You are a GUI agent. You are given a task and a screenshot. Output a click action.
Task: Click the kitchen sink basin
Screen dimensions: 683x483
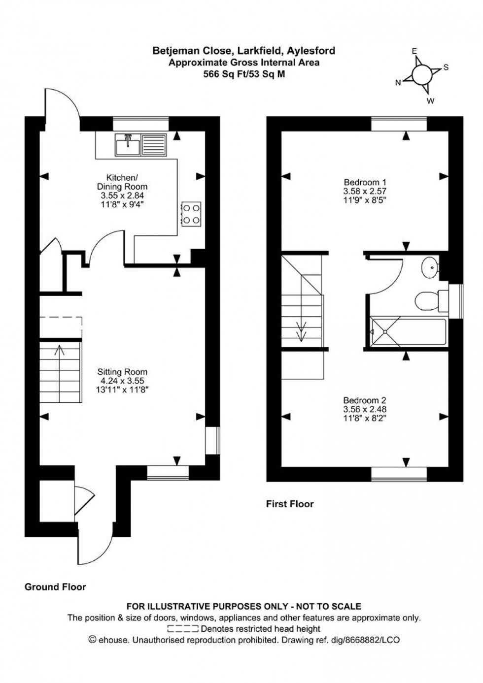tap(128, 144)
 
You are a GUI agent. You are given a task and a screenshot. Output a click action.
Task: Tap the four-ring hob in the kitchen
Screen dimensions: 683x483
tap(191, 214)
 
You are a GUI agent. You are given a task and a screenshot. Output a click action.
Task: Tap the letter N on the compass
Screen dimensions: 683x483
tap(398, 83)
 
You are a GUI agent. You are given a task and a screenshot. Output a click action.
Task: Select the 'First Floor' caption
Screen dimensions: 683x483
tap(290, 504)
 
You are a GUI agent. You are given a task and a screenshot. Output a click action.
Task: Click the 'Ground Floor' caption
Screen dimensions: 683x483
tap(55, 587)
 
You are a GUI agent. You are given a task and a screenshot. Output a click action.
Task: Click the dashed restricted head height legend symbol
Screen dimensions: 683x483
tap(183, 629)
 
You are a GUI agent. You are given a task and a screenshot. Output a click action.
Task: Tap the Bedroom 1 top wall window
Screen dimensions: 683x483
tap(399, 124)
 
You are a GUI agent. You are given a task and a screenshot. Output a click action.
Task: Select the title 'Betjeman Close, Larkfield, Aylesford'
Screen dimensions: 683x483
tap(244, 51)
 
